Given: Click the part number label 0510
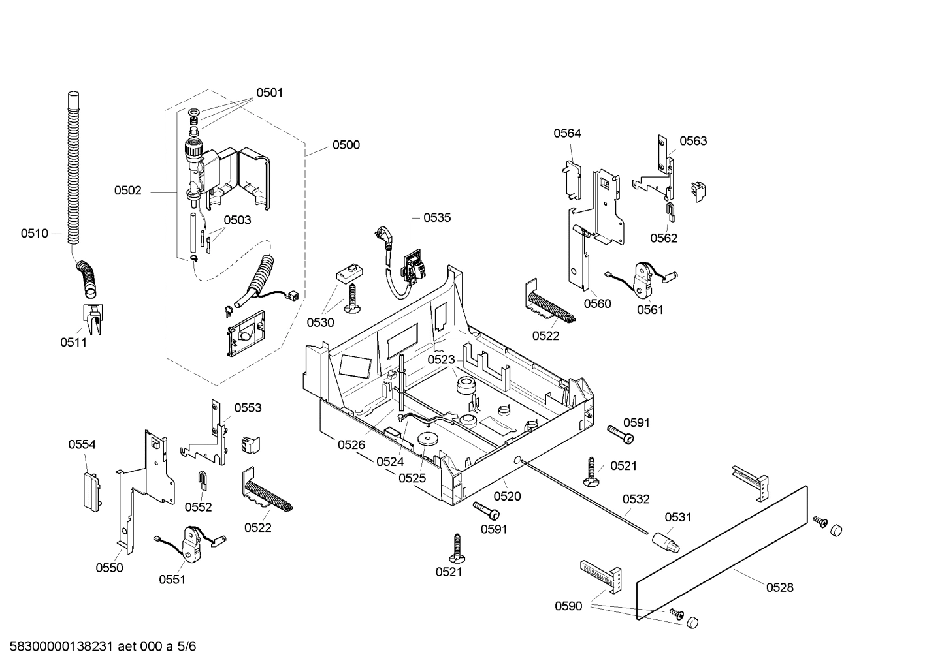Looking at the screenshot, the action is click(34, 233).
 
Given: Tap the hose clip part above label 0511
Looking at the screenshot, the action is click(93, 317).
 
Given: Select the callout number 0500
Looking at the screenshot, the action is click(346, 145).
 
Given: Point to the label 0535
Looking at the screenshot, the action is click(437, 218).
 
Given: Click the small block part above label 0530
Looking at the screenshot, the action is click(349, 273).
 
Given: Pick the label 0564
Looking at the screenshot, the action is click(567, 133).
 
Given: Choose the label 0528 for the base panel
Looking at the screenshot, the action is click(779, 587).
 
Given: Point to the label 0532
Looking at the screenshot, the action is click(636, 499).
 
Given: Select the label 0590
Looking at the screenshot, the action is click(568, 606).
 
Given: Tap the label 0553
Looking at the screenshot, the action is click(248, 408).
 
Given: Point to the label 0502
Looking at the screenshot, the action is click(127, 191).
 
